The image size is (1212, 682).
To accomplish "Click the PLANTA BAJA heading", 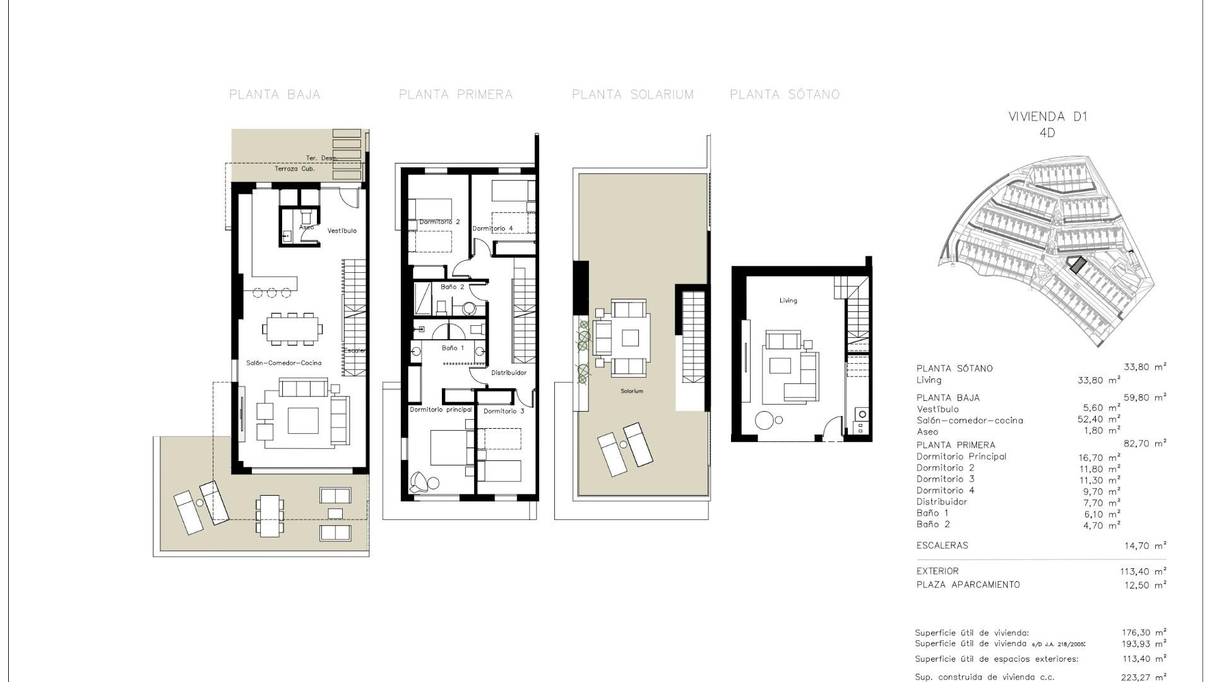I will coord(275,95).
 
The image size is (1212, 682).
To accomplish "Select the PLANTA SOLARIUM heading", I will coord(633,95).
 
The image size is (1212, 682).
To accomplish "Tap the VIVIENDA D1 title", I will coord(1048,117).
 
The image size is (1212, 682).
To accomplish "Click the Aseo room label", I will coord(306,227).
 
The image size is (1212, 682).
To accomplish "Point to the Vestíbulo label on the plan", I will coord(342,231).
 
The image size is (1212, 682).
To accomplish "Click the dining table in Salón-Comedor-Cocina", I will coord(292,328).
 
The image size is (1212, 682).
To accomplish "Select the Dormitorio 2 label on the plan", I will coord(439,222).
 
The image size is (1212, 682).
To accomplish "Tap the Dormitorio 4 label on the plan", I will coord(492,229).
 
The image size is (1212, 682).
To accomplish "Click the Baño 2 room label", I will coord(452,287).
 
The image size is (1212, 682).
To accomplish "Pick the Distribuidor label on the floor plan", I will coord(509,373).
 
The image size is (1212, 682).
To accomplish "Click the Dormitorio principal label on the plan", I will coord(441,410).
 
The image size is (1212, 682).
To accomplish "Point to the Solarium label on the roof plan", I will coord(631,392).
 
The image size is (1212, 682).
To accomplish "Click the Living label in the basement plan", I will coord(788,301).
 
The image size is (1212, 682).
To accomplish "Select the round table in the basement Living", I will coord(765,421).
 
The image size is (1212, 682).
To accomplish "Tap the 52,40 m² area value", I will coord(1098,419).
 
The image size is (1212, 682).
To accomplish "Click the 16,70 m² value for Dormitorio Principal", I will coord(1100,457).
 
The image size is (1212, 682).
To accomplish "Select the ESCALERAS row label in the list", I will coord(942,546).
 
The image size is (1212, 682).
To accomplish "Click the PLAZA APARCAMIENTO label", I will coord(968,585).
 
